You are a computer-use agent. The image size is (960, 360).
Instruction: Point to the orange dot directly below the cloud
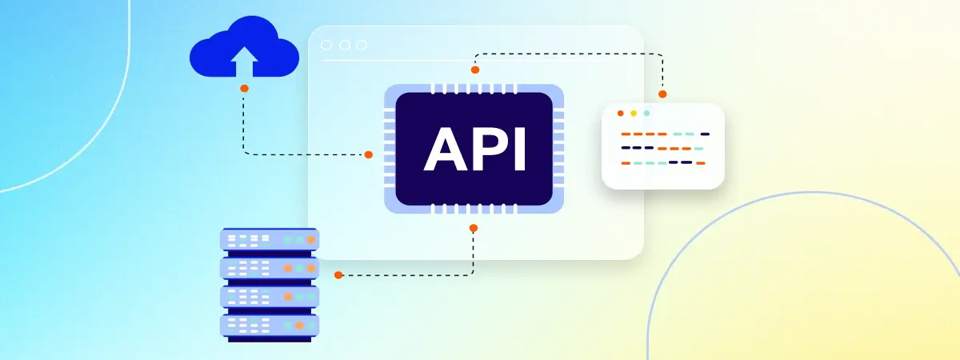(244, 88)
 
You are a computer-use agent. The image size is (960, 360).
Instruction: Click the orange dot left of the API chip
(369, 154)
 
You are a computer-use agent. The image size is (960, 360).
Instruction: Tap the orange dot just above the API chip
(474, 70)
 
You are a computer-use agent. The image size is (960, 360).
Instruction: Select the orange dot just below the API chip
(473, 228)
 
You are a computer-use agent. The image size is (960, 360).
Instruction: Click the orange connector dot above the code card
(662, 94)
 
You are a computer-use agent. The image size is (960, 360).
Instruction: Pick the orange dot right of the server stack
(338, 275)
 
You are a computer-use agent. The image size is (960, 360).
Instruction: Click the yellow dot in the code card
(634, 114)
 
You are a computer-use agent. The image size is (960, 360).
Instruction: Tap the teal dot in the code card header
(646, 114)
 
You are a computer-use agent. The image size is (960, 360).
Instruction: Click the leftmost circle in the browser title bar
(326, 45)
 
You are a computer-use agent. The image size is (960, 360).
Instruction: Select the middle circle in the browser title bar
(344, 45)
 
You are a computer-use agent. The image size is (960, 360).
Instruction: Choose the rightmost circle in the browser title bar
(362, 45)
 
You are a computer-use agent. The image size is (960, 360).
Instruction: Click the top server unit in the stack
(270, 239)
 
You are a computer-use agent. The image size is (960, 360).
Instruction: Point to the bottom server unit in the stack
(270, 326)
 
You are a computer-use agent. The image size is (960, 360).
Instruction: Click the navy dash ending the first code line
(705, 134)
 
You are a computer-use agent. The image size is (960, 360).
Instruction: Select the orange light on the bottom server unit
(299, 326)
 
